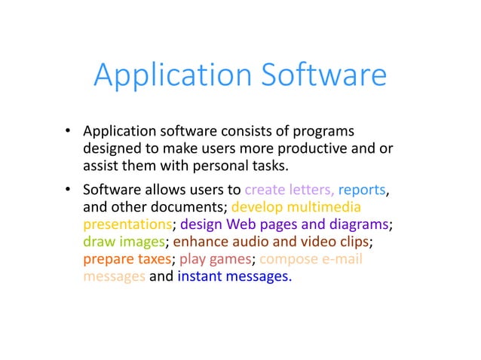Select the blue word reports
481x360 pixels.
click(x=363, y=190)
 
